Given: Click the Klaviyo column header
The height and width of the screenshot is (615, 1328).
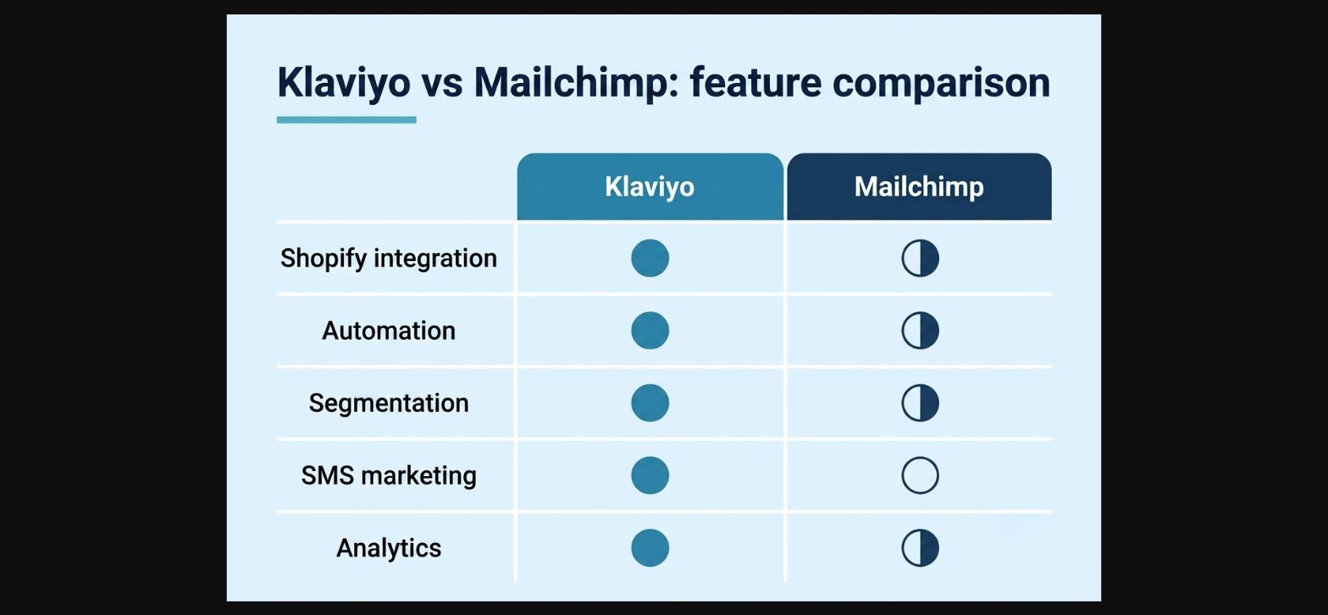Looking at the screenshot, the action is [650, 187].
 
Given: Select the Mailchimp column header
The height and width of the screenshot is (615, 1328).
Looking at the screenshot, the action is [919, 187].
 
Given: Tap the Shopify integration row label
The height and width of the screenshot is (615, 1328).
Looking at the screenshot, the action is [388, 259].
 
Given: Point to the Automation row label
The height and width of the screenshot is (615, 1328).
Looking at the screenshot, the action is [388, 331].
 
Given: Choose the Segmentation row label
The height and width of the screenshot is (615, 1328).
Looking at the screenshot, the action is [388, 404].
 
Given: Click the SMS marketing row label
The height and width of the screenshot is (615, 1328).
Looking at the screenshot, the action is [388, 475].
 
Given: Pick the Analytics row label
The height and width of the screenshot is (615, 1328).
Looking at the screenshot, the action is [388, 549].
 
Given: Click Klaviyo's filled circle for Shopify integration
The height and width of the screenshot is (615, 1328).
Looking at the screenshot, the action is [650, 258].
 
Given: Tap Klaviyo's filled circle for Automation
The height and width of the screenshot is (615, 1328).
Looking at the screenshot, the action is [650, 330].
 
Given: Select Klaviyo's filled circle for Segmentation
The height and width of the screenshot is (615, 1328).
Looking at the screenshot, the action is [650, 402].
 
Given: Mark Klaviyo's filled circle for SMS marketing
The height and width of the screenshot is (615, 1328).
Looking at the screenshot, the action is [650, 475].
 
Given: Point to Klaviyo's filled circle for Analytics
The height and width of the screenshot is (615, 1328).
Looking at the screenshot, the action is [650, 547].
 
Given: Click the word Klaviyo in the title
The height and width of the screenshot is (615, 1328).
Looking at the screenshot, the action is [344, 83].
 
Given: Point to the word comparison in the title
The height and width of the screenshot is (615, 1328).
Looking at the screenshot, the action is [941, 84].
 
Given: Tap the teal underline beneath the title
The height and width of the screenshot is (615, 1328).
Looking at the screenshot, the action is [346, 119].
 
